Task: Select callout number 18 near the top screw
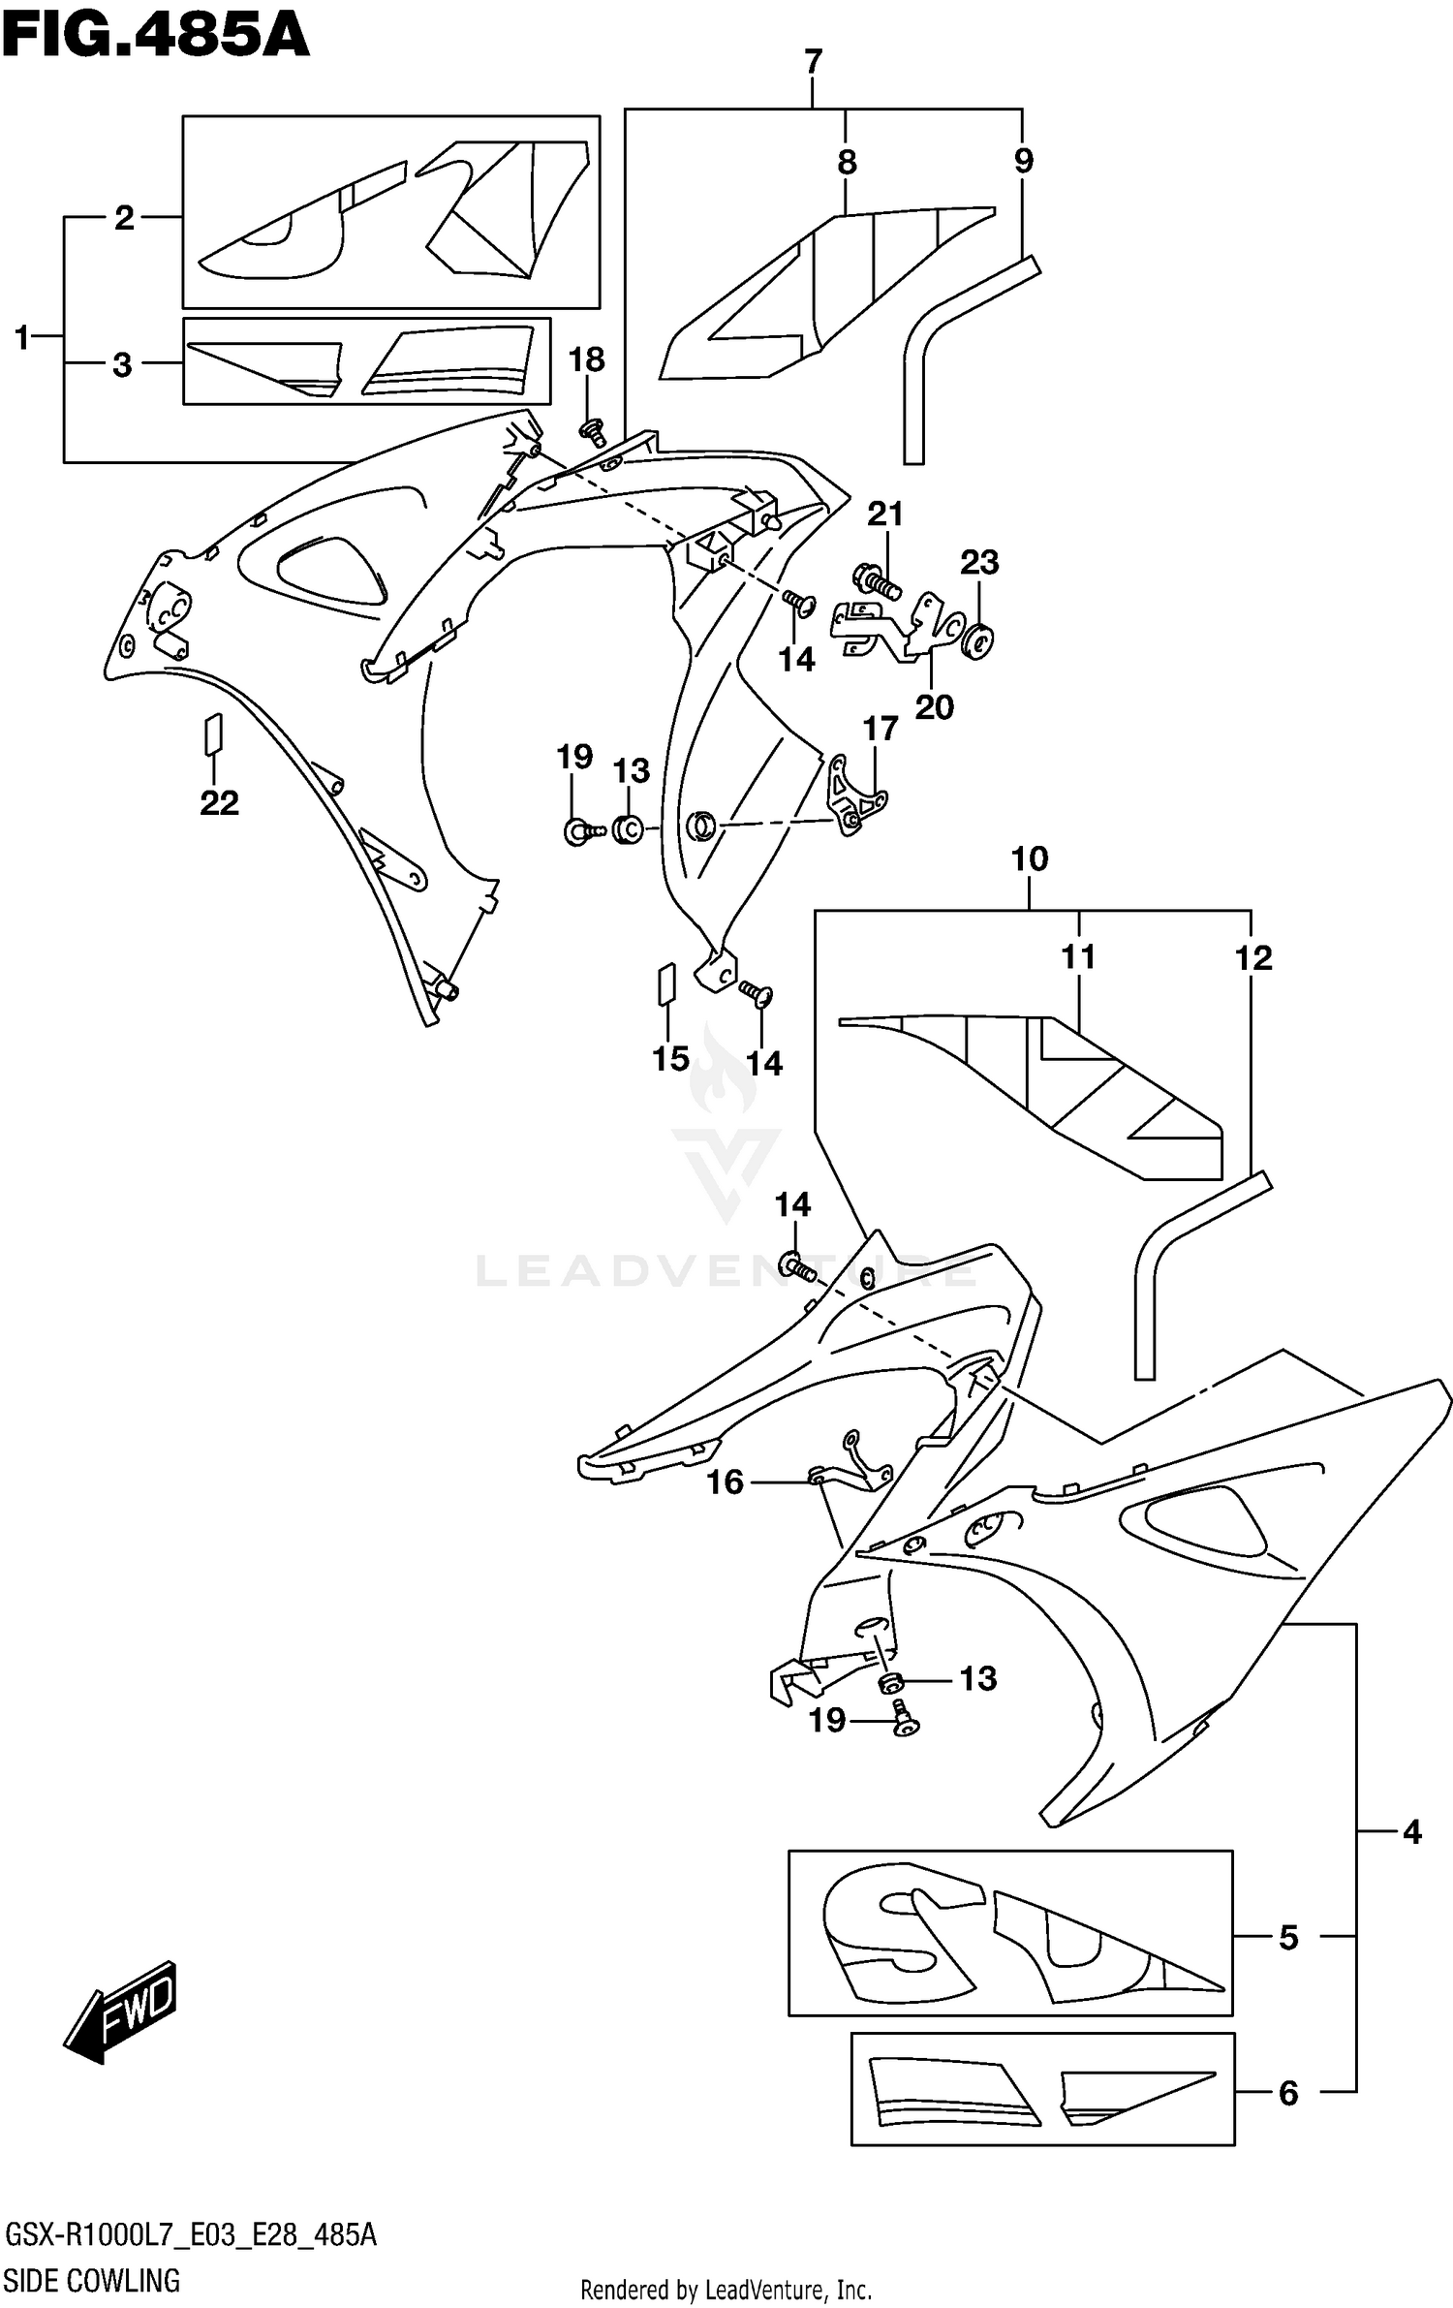[x=586, y=359]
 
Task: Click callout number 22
[x=219, y=802]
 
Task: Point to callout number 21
[x=884, y=514]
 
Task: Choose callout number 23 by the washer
[x=979, y=562]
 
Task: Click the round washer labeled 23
[x=979, y=640]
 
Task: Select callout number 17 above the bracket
[x=881, y=728]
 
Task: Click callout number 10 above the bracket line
[x=1030, y=858]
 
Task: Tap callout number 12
[x=1252, y=958]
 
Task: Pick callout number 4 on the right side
[x=1411, y=1831]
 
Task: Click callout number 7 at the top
[x=813, y=62]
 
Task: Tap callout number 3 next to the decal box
[x=122, y=365]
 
